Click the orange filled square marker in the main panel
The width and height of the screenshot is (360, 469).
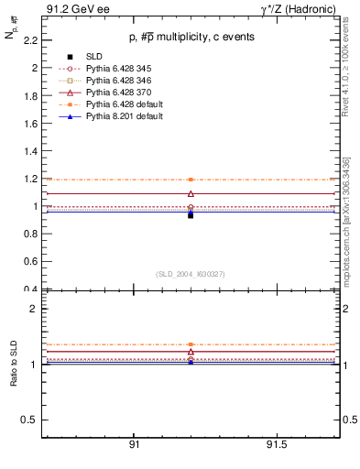pyautogui.click(x=191, y=180)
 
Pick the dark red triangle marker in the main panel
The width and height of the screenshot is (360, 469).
pyautogui.click(x=191, y=193)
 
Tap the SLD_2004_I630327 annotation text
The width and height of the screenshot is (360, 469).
pyautogui.click(x=190, y=273)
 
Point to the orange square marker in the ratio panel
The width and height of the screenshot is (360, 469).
pyautogui.click(x=191, y=344)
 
